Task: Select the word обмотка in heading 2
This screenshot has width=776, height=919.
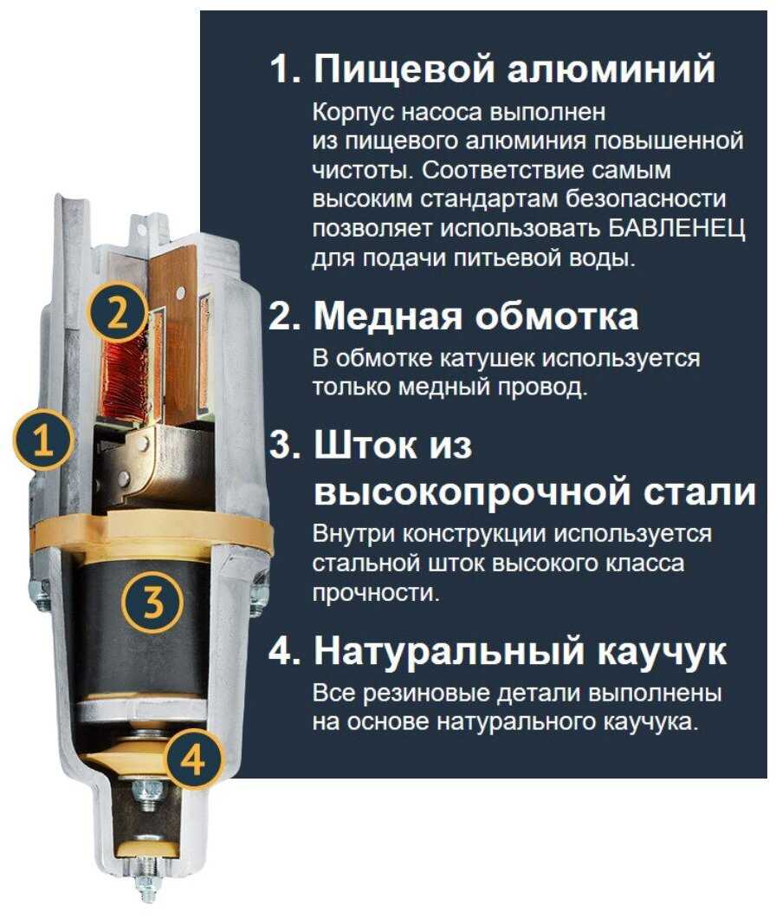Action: pos(553,317)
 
